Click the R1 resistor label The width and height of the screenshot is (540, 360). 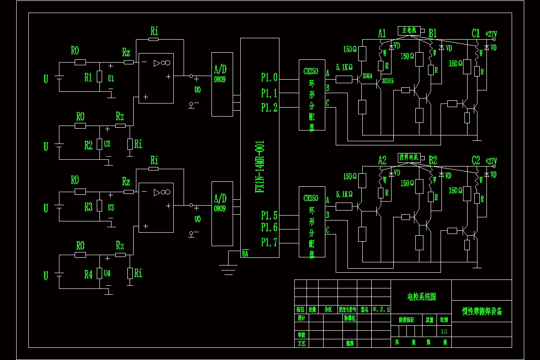tap(88, 77)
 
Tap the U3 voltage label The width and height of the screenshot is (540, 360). tap(111, 207)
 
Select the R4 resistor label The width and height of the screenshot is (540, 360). tap(88, 274)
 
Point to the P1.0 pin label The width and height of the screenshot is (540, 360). tap(269, 78)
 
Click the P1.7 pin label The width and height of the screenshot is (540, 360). tap(269, 243)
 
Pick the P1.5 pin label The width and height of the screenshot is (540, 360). tap(269, 215)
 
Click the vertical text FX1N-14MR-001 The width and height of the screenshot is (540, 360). tap(260, 166)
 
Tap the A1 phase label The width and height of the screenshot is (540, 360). tap(382, 33)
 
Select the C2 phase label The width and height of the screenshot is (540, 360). tap(476, 161)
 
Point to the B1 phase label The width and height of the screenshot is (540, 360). tap(433, 33)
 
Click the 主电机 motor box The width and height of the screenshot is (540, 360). tap(409, 31)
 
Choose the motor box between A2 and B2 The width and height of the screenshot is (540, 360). tap(409, 157)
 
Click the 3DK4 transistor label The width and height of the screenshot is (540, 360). tap(367, 76)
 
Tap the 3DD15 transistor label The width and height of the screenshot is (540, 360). tap(387, 81)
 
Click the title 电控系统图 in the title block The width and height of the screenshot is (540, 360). tap(421, 297)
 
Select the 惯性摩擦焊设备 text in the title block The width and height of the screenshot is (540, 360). tap(481, 311)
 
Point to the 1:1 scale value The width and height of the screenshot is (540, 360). tap(444, 331)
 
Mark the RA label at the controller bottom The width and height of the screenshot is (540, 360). tap(245, 253)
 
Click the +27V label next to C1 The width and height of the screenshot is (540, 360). tap(491, 34)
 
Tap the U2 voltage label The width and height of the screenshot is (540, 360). tap(107, 144)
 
